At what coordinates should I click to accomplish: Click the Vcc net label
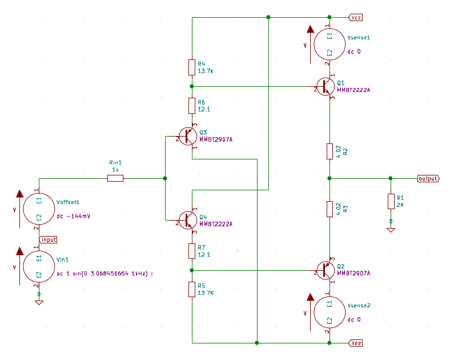pyautogui.click(x=356, y=17)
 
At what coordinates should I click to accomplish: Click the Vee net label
pyautogui.click(x=356, y=343)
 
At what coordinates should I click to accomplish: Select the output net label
pyautogui.click(x=428, y=178)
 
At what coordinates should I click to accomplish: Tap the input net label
pyautogui.click(x=48, y=239)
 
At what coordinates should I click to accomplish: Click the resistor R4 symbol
pyautogui.click(x=192, y=67)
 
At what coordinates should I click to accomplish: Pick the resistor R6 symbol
pyautogui.click(x=192, y=106)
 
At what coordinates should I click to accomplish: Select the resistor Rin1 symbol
pyautogui.click(x=115, y=178)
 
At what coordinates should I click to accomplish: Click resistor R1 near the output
pyautogui.click(x=391, y=201)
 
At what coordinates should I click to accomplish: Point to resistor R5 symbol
pyautogui.click(x=192, y=289)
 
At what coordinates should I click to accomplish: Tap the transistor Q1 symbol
pyautogui.click(x=327, y=86)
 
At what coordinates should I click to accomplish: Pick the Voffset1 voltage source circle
pyautogui.click(x=39, y=209)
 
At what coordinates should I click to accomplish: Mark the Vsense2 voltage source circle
pyautogui.click(x=330, y=313)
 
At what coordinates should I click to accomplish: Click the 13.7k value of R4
pyautogui.click(x=206, y=71)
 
